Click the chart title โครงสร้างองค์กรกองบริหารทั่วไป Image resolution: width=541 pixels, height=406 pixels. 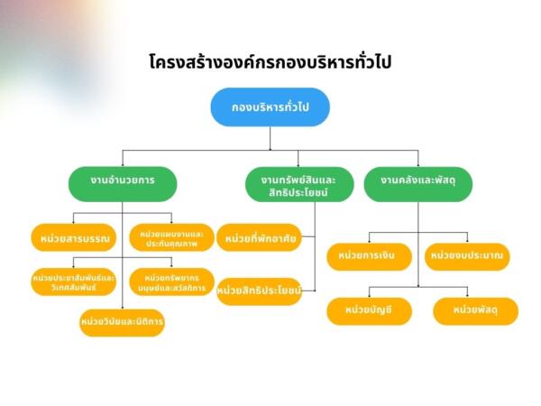[270, 62]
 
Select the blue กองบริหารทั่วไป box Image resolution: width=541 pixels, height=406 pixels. [270, 107]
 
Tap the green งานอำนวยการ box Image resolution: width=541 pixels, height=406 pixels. [123, 184]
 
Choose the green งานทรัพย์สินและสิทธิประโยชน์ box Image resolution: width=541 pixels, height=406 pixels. [299, 184]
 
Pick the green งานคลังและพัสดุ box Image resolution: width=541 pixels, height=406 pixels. [418, 184]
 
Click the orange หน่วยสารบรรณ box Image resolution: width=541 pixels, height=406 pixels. [74, 237]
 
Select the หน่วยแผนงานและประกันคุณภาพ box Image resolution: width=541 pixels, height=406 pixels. [171, 237]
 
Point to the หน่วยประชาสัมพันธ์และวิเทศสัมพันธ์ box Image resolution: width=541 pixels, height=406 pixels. [74, 281]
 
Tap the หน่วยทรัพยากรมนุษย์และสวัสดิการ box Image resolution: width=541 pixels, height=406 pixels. [171, 281]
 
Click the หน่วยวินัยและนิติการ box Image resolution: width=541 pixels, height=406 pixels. [122, 322]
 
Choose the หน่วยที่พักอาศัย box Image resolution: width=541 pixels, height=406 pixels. [259, 237]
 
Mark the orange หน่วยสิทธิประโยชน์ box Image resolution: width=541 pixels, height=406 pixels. [259, 291]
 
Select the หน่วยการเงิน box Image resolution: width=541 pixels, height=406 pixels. [369, 257]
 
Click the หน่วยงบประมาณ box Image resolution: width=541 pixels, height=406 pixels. [467, 257]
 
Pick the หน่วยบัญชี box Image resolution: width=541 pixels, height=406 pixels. [369, 311]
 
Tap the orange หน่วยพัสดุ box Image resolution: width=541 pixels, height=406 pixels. [475, 311]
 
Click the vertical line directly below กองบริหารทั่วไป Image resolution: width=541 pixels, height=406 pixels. [270, 138]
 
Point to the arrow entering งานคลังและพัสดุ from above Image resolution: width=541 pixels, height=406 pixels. [418, 159]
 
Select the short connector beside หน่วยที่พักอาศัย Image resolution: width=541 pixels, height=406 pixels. [308, 236]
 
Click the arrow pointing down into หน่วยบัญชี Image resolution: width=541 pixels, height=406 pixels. [369, 292]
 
